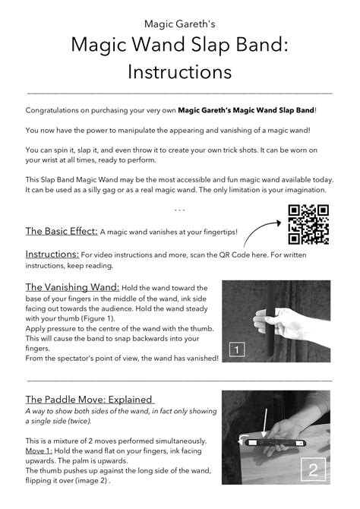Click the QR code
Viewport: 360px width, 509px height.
[x=308, y=225]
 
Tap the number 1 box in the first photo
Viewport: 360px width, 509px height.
[x=237, y=349]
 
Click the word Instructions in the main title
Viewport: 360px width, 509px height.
[x=179, y=72]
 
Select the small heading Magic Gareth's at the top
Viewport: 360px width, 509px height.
[x=179, y=24]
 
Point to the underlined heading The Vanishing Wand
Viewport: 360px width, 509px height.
[x=72, y=287]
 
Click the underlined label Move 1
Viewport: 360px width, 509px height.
[x=39, y=451]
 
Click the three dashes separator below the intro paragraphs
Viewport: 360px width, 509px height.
[x=179, y=209]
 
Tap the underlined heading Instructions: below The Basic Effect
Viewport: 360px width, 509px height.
[x=52, y=254]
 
